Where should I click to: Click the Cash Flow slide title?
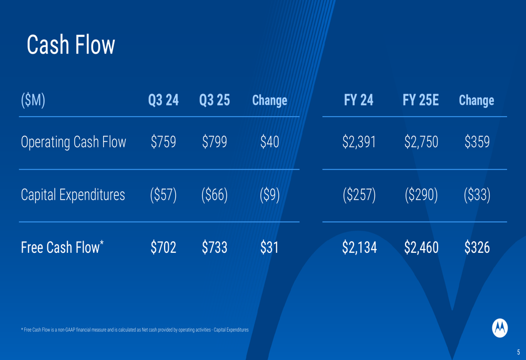(71, 45)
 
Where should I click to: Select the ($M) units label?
(33, 100)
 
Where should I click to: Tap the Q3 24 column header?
(164, 100)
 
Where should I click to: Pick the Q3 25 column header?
(215, 100)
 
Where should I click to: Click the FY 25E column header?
(421, 100)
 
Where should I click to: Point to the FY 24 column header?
(359, 100)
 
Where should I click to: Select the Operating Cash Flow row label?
(74, 142)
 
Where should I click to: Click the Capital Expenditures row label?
(73, 195)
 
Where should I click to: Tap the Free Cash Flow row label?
(62, 247)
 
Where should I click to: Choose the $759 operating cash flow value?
(164, 141)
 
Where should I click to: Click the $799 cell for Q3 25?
(215, 141)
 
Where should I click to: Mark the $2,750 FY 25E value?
(421, 141)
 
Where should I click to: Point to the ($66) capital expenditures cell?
(215, 195)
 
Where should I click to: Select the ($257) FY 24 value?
(359, 195)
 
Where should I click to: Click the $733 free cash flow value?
(215, 248)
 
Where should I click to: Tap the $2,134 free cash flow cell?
(359, 248)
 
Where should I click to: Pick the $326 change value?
(477, 248)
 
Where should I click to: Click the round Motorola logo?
(500, 328)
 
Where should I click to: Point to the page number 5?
(518, 352)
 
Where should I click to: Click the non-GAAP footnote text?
(135, 330)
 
